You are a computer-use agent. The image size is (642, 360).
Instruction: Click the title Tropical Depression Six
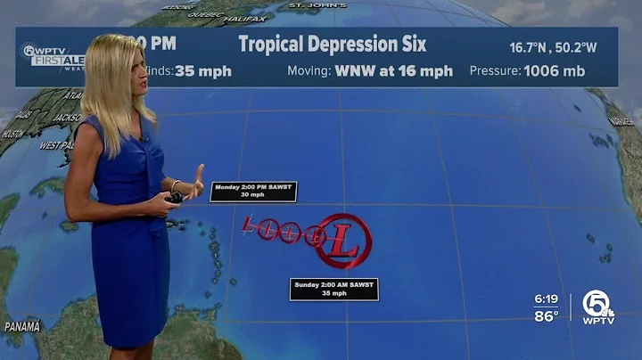tap(333, 44)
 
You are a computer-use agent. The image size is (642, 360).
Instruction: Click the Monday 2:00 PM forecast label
tap(253, 192)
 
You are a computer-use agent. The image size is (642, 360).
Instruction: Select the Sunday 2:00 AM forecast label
tap(333, 289)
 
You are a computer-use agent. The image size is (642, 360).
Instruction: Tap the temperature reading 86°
tap(546, 315)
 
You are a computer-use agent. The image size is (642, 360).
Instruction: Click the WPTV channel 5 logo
tap(598, 307)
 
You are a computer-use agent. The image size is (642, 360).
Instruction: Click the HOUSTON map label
tap(13, 134)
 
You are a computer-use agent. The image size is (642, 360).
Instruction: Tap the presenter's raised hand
tap(197, 177)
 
